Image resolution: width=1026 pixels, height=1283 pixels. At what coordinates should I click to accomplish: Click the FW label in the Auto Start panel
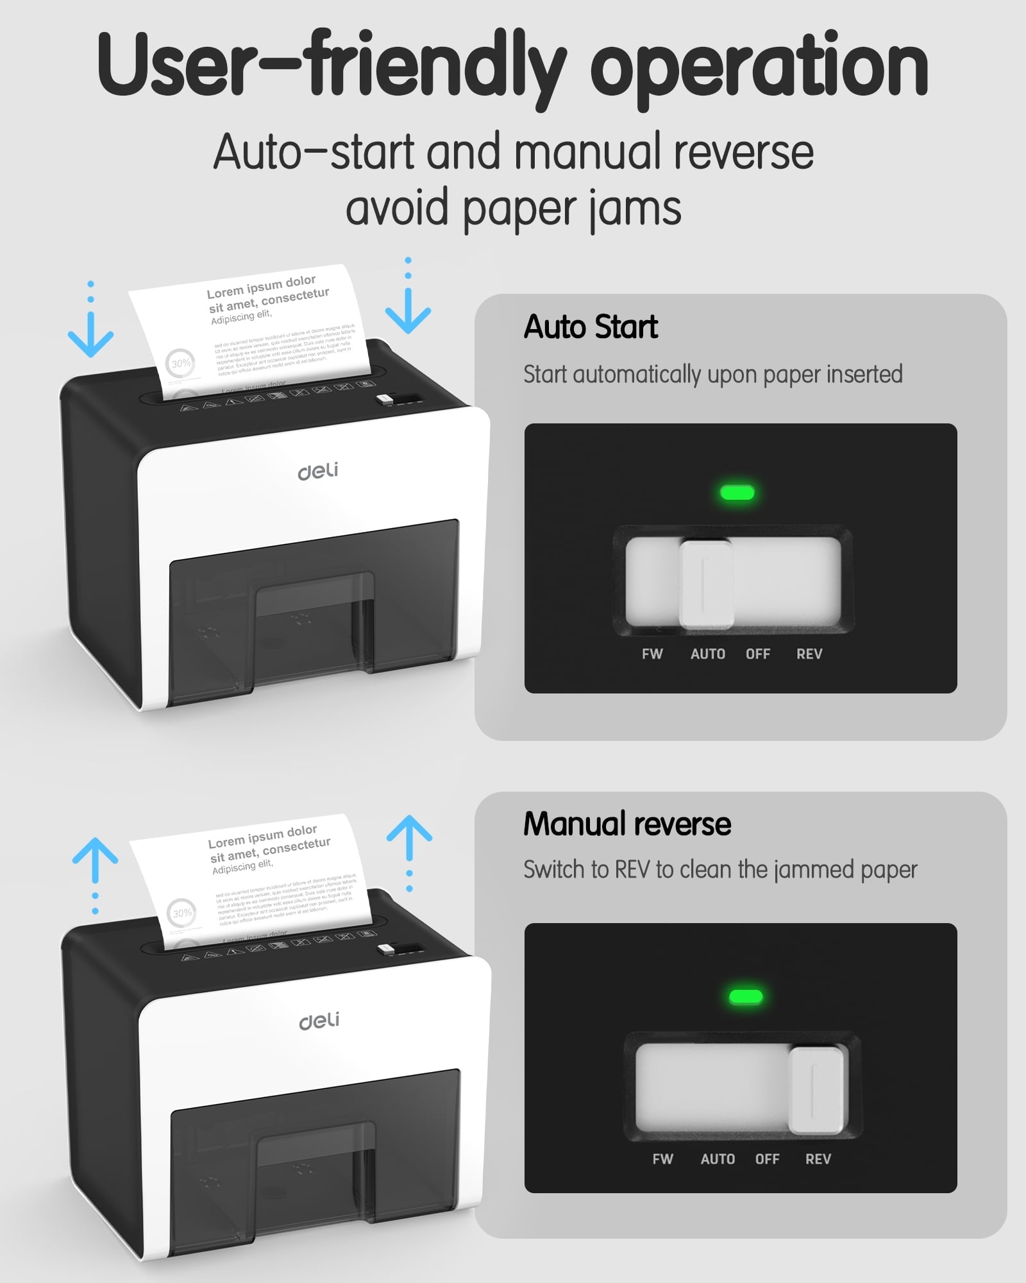[652, 654]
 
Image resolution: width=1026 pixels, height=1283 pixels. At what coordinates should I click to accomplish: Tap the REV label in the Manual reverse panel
[818, 1159]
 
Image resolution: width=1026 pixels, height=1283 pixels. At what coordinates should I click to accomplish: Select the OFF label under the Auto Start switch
[757, 654]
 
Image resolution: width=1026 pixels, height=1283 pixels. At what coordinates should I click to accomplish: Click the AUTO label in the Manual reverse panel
[718, 1159]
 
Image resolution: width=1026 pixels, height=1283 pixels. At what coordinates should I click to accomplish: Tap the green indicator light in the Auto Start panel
[737, 493]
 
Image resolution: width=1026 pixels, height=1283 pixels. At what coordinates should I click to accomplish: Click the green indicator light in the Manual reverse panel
[746, 996]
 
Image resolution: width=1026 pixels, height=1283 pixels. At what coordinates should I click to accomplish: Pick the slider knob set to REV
[816, 1091]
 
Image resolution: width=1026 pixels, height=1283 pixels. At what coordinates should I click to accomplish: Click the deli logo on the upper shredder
[318, 472]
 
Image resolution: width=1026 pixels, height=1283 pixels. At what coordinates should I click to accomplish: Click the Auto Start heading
[591, 327]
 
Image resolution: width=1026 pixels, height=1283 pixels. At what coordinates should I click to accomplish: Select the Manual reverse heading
[627, 824]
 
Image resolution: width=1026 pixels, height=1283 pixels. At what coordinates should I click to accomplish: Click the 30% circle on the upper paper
[181, 363]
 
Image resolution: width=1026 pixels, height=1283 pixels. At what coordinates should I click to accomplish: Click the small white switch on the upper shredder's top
[385, 400]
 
